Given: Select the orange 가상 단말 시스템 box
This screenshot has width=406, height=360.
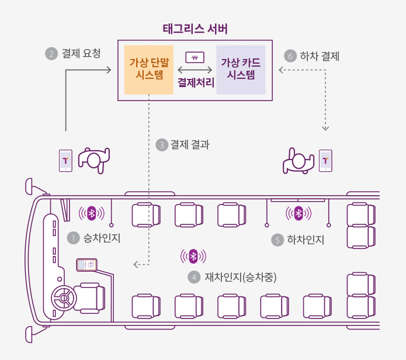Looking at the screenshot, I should click(x=149, y=69).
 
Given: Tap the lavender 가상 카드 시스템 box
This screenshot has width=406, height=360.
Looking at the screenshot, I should click(x=241, y=69).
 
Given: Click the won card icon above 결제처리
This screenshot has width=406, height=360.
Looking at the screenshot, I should click(x=195, y=57).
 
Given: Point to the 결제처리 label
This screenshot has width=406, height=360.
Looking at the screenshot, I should click(x=195, y=82).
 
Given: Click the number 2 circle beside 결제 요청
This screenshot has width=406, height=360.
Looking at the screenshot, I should click(x=51, y=54).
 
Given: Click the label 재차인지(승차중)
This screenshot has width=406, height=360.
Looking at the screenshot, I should click(x=240, y=277).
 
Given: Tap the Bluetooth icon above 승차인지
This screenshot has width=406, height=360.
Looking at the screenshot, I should click(x=91, y=213).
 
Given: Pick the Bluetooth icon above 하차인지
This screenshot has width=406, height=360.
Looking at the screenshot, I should click(x=298, y=213).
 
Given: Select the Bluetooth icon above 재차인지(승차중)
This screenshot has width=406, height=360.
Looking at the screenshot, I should click(x=194, y=257).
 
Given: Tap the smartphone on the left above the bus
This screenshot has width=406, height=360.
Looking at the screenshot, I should click(x=65, y=160).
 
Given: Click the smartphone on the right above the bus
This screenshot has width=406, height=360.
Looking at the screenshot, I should click(x=325, y=160).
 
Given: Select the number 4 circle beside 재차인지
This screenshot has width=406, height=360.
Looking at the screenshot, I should click(x=193, y=277).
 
